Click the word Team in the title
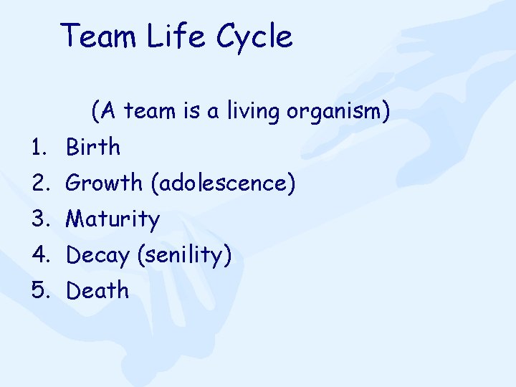(98, 36)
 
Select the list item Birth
(93, 148)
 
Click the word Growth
(104, 183)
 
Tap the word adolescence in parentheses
(223, 184)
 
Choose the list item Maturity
(113, 219)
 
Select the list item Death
(97, 291)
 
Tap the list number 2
(37, 184)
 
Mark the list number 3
(37, 219)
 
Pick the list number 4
(37, 255)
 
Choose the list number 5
(37, 291)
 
